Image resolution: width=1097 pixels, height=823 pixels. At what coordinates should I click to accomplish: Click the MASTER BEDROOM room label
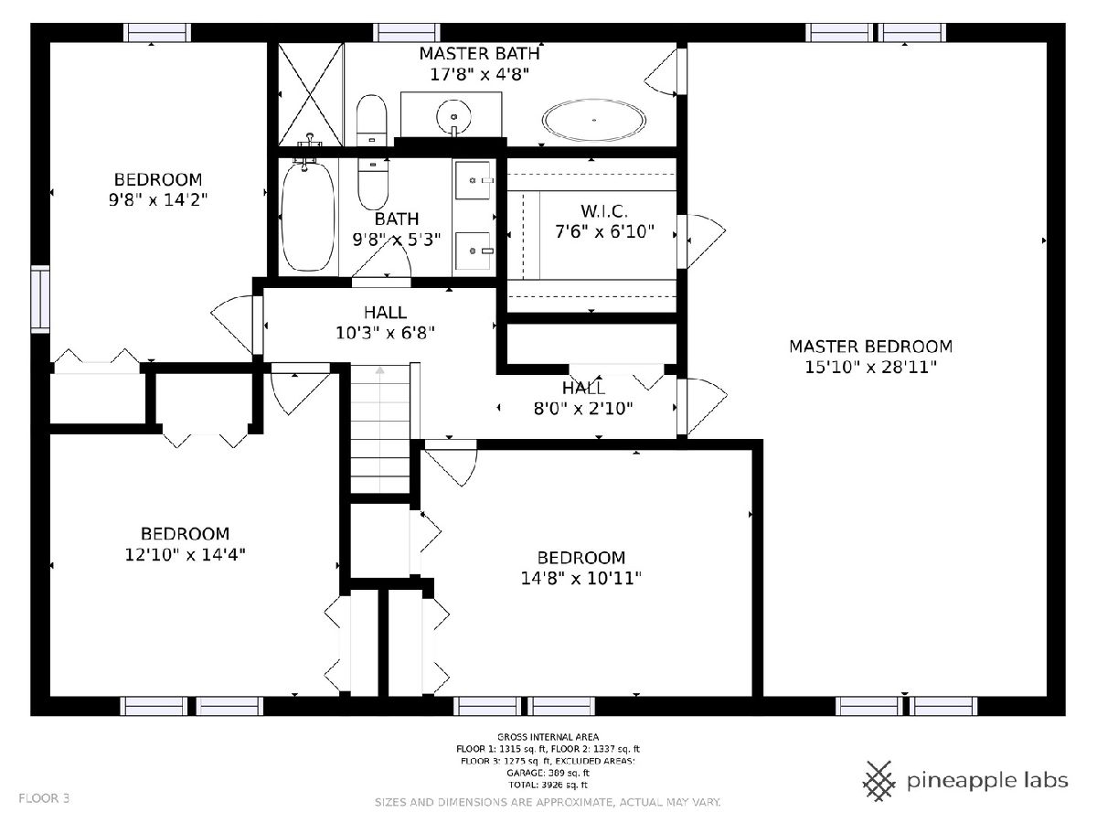coord(870,347)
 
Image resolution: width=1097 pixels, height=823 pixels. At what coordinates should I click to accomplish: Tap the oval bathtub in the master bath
coord(593,120)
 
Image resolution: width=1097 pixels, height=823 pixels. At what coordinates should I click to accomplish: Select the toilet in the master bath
coord(371,121)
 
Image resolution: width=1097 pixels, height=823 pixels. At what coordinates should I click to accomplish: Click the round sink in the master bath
coord(453,116)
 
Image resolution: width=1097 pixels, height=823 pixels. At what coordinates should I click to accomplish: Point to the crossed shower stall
coord(311,94)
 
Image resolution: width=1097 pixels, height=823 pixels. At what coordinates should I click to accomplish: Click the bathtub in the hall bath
coord(308,217)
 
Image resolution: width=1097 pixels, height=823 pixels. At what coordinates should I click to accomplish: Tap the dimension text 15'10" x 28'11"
coord(870,368)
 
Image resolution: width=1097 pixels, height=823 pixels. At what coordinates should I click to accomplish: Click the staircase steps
coord(380,429)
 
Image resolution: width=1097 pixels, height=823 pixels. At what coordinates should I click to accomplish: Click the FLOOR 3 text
coord(44,798)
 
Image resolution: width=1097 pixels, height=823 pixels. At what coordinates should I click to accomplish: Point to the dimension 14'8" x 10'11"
coord(580,578)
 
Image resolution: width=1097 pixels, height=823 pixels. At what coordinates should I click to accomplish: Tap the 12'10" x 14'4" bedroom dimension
coord(185,554)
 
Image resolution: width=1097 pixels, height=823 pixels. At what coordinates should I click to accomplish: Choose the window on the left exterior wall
coord(40,299)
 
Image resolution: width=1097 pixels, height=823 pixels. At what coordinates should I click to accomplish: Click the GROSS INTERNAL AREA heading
coord(548,736)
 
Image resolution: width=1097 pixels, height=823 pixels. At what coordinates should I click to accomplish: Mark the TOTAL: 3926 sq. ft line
coord(548,785)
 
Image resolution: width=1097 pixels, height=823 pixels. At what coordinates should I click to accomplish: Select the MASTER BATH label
coord(479,53)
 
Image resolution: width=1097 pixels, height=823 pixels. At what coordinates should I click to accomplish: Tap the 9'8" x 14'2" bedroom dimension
coord(158,200)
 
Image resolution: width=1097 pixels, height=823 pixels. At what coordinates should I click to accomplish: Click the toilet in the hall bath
coord(373,184)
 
